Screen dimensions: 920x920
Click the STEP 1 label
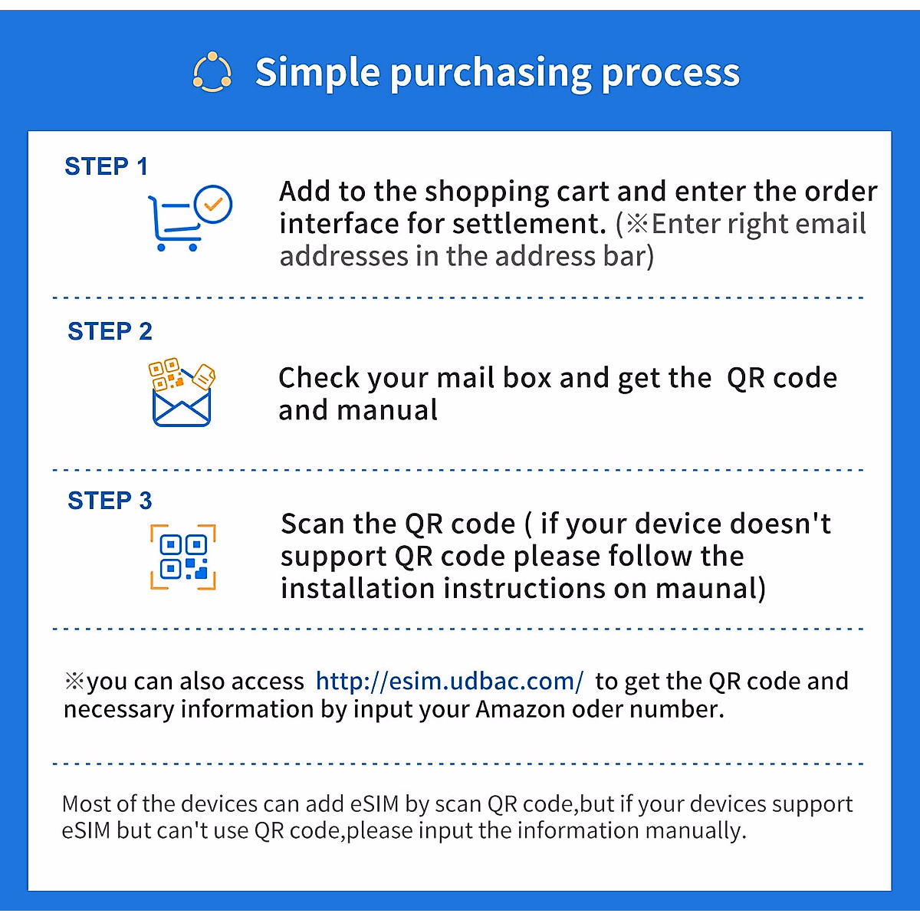106,166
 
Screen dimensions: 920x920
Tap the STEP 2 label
110,331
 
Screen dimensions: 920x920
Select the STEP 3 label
110,501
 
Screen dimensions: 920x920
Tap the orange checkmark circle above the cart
213,205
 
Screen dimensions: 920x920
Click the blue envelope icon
182,407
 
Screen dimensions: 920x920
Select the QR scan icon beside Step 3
183,557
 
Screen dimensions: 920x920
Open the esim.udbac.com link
449,682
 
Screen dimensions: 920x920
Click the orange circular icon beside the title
212,71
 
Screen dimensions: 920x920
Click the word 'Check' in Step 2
318,378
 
